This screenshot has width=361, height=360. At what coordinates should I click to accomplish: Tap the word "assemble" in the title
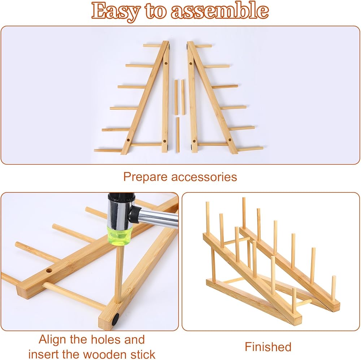219,10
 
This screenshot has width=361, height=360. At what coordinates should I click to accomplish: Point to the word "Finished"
268,347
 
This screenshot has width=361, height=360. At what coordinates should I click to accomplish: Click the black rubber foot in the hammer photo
116,319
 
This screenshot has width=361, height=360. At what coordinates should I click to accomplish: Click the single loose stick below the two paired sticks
178,135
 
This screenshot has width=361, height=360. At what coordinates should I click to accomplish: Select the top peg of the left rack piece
152,45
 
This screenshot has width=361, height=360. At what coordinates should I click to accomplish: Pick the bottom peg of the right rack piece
250,149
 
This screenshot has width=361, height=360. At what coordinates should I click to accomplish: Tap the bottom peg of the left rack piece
108,151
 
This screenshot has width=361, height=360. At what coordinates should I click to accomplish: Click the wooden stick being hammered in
119,274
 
